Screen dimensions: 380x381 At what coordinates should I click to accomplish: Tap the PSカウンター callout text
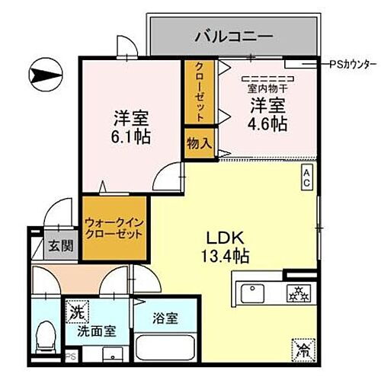tap(351, 65)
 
